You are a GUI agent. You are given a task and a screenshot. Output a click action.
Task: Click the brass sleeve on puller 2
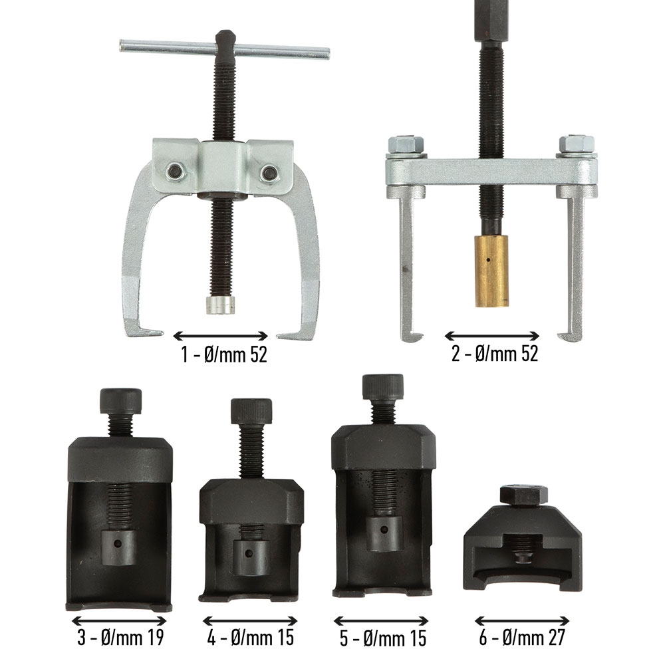(x=491, y=271)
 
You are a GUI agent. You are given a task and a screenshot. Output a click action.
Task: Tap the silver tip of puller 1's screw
(x=221, y=305)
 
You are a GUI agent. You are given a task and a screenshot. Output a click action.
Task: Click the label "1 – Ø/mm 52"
(x=225, y=354)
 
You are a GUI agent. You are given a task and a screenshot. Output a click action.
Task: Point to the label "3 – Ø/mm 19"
(x=120, y=637)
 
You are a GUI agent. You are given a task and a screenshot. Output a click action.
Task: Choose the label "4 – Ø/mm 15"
(x=251, y=637)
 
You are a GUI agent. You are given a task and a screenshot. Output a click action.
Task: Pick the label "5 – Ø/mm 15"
(x=382, y=638)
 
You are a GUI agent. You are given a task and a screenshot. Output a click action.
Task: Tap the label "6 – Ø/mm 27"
(x=522, y=637)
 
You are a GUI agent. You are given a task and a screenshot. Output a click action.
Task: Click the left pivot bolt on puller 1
(x=174, y=172)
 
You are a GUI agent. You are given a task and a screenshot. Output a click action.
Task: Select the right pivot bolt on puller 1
(x=269, y=172)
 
